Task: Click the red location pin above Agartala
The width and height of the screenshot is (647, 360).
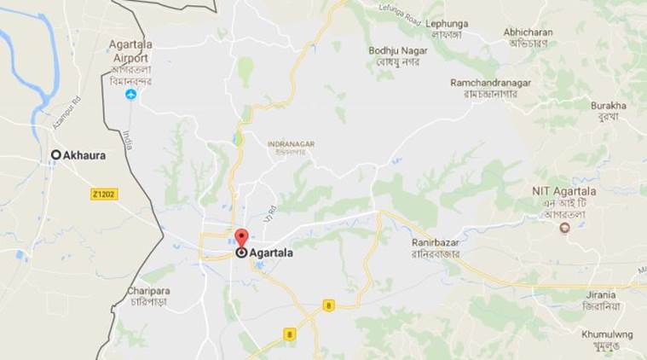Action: [241, 238]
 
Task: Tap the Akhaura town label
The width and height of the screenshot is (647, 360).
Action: [84, 155]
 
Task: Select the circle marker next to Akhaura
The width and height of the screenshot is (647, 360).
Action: [56, 154]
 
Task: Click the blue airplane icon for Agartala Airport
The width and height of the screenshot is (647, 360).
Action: [130, 95]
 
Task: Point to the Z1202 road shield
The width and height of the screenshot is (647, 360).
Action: [104, 195]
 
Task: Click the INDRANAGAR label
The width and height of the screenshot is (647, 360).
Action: [291, 144]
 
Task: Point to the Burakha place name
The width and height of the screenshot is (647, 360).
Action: [609, 106]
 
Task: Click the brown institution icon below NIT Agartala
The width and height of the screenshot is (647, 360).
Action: [563, 228]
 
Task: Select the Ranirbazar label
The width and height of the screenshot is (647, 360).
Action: [435, 242]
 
